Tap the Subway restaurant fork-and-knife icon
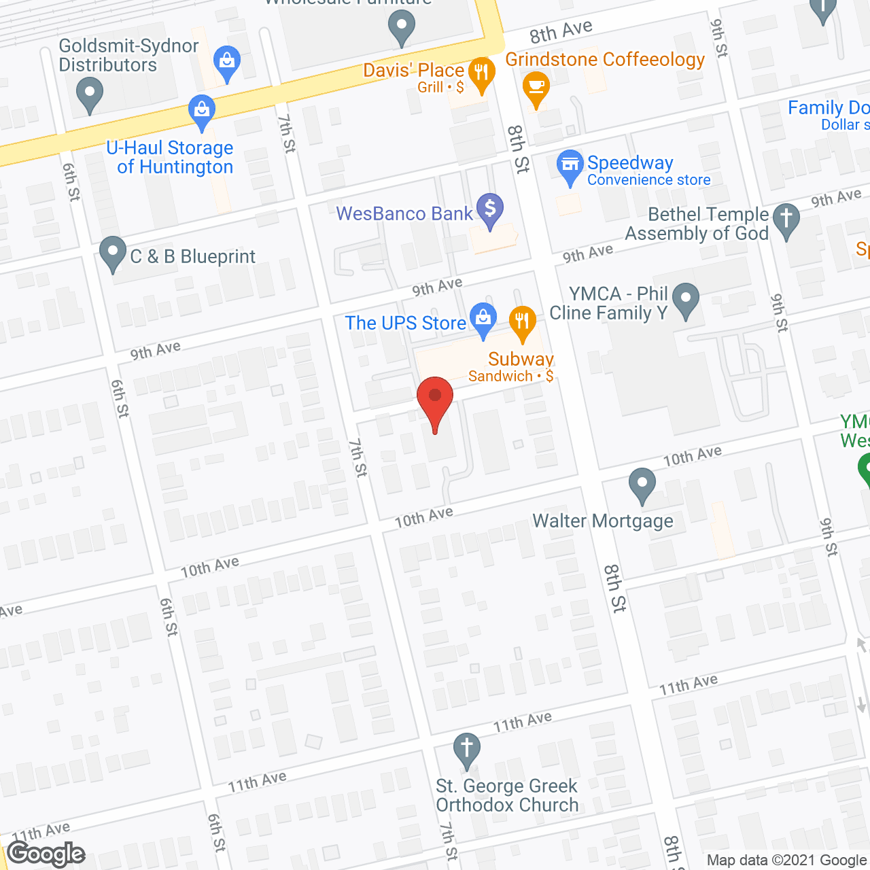click(522, 323)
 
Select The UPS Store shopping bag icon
click(483, 319)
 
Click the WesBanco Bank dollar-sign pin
click(489, 209)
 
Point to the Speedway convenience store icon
click(570, 166)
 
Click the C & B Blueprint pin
click(113, 253)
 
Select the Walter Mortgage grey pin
click(642, 485)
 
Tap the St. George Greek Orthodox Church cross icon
click(467, 750)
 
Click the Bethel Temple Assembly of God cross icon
click(786, 220)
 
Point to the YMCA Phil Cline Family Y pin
click(686, 299)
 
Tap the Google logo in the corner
click(46, 854)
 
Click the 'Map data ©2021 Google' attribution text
click(787, 860)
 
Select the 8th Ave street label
click(561, 31)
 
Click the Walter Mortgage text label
click(603, 521)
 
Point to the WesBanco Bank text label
click(404, 213)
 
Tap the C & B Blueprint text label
click(193, 256)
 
